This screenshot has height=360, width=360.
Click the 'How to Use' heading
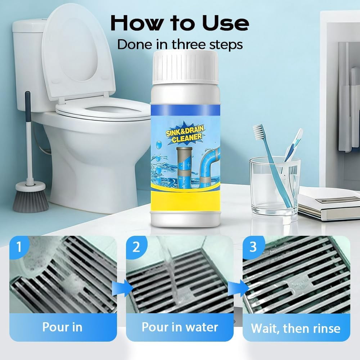pos(180,23)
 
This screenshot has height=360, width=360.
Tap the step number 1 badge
pos(19,247)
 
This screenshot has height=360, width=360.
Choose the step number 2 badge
pos(136,247)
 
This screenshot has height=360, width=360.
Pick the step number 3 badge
pos(253,247)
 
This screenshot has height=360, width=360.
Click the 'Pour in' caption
pos(62,327)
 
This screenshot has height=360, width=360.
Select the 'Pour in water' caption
pos(180,327)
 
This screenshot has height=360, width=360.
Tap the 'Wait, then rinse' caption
pos(296,328)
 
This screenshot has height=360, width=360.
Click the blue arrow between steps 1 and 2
pos(122,288)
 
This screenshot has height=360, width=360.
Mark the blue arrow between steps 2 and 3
pos(239,288)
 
